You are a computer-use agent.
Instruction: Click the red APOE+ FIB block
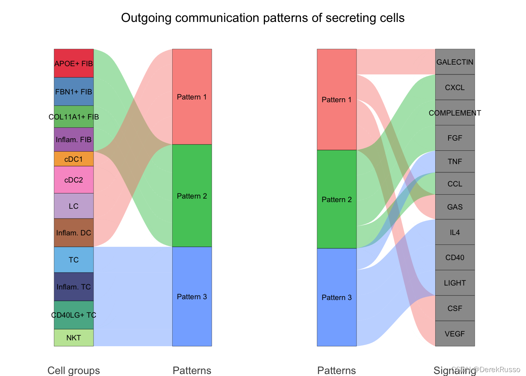(74, 63)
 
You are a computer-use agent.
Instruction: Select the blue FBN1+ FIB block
(74, 92)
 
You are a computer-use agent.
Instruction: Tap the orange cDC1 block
(74, 159)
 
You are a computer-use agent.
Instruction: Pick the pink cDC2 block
(74, 180)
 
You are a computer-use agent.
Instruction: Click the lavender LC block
(74, 206)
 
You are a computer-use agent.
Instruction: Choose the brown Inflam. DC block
(74, 233)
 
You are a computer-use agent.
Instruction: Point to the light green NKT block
(74, 338)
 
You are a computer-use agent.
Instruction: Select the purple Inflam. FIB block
(74, 139)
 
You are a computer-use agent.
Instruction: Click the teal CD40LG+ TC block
(74, 315)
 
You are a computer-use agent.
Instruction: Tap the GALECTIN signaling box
(455, 62)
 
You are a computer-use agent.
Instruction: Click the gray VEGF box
(455, 334)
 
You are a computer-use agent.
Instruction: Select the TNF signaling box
(455, 161)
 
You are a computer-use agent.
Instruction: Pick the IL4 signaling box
(455, 232)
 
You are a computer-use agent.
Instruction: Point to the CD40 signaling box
(455, 257)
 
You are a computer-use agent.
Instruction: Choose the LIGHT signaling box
(455, 283)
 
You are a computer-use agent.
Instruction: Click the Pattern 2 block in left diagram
(192, 196)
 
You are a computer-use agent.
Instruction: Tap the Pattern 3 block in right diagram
(337, 297)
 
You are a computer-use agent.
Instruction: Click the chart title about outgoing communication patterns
(263, 18)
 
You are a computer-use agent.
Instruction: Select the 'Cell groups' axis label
(74, 370)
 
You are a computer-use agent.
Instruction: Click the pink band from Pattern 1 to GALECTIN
(395, 62)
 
